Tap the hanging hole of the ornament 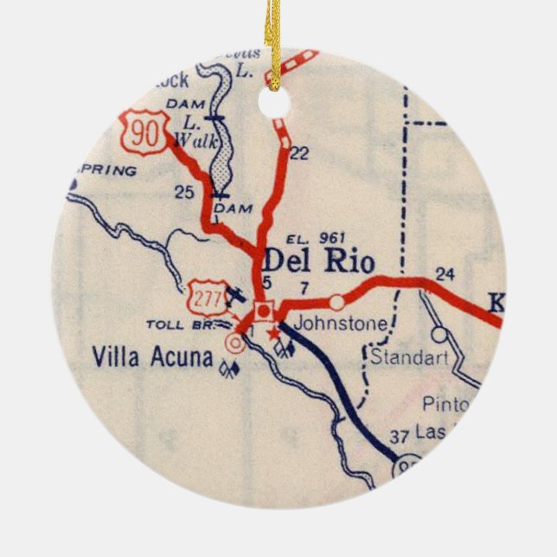tap(274, 103)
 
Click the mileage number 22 tap(298, 153)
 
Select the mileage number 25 tap(184, 192)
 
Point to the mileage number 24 tap(445, 275)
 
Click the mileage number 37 tap(398, 437)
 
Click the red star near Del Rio tap(274, 332)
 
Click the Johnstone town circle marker tap(336, 302)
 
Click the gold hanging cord tap(273, 39)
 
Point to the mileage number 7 tap(304, 286)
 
